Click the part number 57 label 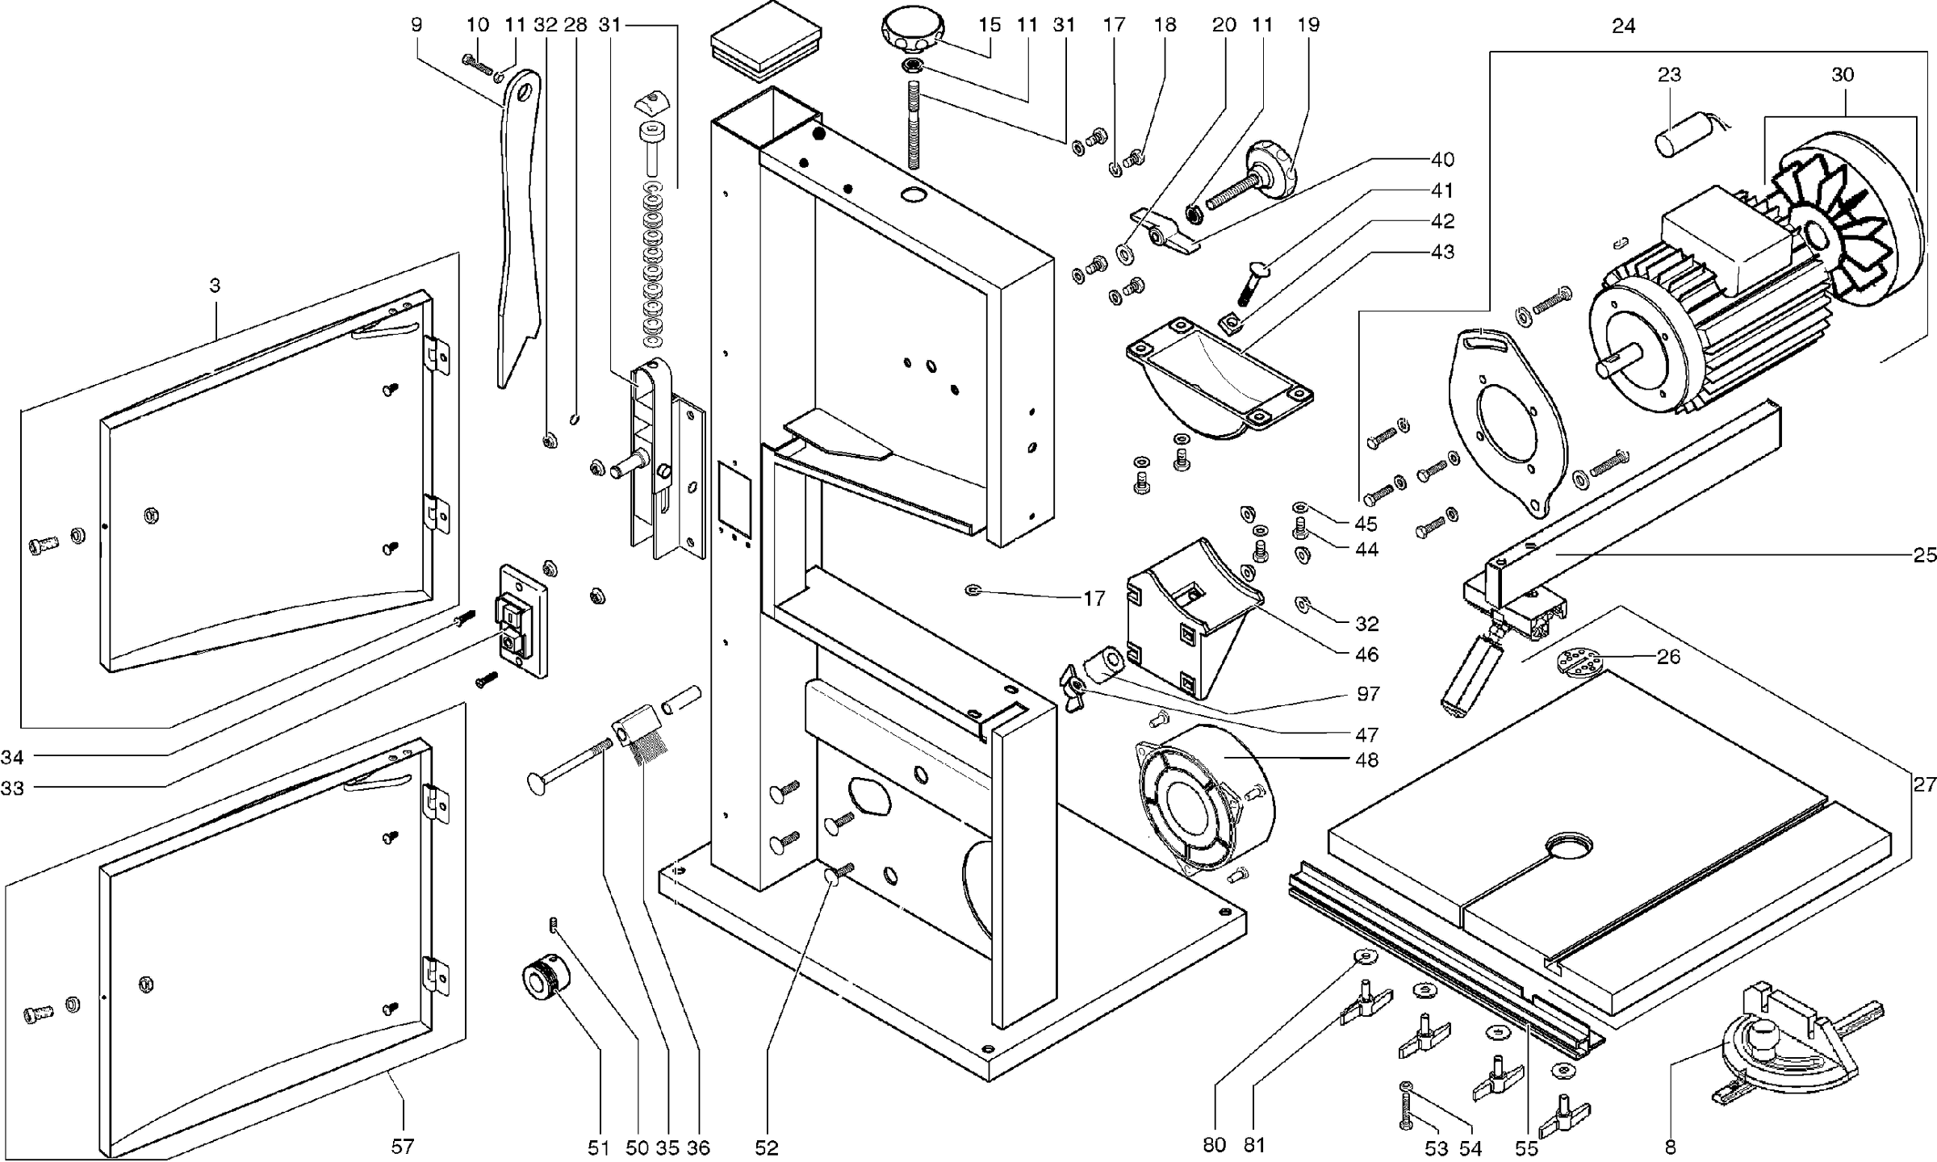[x=403, y=1147]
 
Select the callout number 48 [x=1367, y=759]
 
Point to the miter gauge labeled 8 [x=1776, y=1057]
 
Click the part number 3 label [x=215, y=286]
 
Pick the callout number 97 [x=1368, y=693]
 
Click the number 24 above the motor [x=1624, y=27]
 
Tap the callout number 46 [x=1366, y=654]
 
